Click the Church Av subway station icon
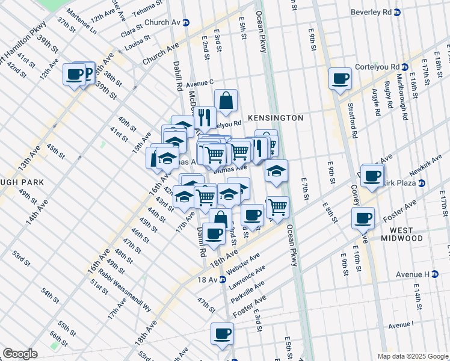point(186,22)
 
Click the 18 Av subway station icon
point(222,279)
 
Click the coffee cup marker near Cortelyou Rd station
point(340,78)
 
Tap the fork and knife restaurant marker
point(206,117)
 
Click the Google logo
point(20,354)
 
